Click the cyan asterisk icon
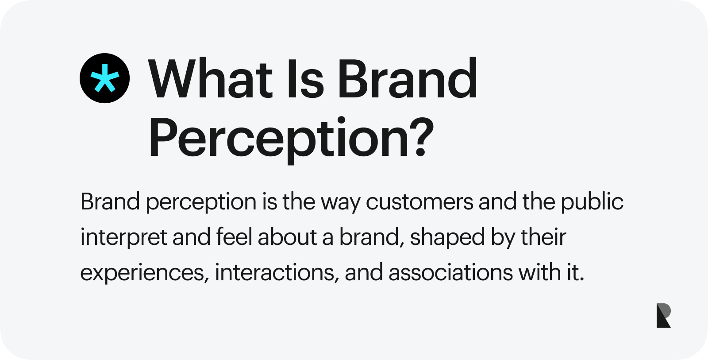click(104, 78)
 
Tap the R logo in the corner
click(663, 315)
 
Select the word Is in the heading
click(305, 78)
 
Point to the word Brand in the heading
click(408, 78)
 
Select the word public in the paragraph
click(592, 202)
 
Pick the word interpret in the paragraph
click(123, 237)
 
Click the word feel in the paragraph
click(234, 236)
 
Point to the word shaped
click(447, 237)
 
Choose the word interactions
click(274, 272)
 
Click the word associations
click(451, 272)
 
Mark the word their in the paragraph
click(543, 236)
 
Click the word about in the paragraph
click(287, 236)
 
